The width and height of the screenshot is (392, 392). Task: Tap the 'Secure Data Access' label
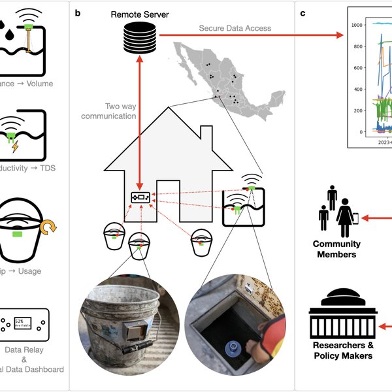click(235, 28)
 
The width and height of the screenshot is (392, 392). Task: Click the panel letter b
click(78, 12)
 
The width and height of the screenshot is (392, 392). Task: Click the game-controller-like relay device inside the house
click(140, 195)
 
